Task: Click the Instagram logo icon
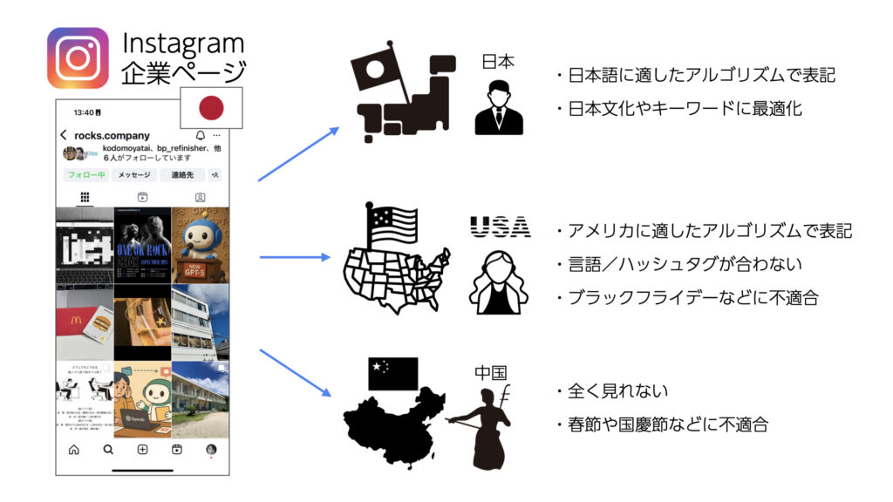click(x=78, y=58)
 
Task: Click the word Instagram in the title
click(x=183, y=43)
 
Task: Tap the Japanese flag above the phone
click(x=210, y=108)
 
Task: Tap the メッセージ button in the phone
click(x=134, y=175)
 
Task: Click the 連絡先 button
click(x=181, y=175)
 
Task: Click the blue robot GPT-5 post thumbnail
click(x=201, y=244)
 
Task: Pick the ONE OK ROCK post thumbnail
click(x=142, y=244)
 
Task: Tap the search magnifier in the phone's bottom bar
click(x=108, y=450)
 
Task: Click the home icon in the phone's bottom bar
click(x=74, y=450)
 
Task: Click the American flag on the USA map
click(x=392, y=225)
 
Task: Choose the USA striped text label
click(x=500, y=227)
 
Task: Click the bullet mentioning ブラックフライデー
click(x=692, y=297)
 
